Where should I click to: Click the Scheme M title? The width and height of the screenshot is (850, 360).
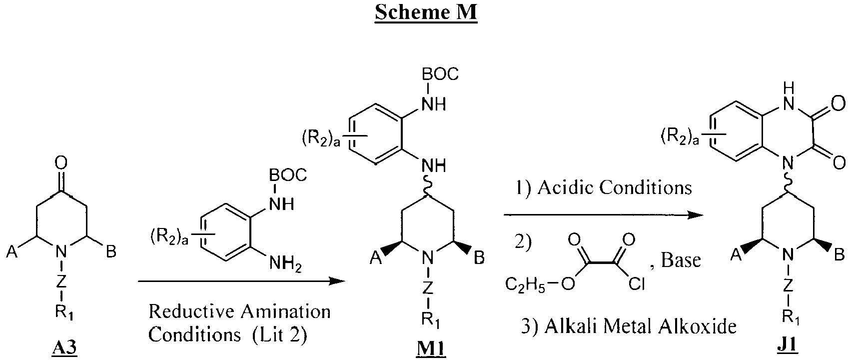[426, 12]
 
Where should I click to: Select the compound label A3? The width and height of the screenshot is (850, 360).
[64, 347]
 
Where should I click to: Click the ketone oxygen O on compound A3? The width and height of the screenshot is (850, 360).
[61, 163]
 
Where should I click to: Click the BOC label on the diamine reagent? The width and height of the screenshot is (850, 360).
[288, 175]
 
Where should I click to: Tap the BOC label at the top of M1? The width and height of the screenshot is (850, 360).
[440, 74]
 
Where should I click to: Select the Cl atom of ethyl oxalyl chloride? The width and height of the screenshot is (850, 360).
[636, 283]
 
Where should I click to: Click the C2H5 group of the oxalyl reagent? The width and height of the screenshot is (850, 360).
[525, 284]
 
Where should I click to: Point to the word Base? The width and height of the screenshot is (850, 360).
[681, 260]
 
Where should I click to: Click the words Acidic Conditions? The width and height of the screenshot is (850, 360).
[615, 187]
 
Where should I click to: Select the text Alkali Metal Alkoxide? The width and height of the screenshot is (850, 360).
[641, 326]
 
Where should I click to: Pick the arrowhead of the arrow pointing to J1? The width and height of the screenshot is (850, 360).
[695, 215]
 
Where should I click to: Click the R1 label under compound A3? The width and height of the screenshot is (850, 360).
[64, 312]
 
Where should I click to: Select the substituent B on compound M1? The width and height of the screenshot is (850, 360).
[479, 258]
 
